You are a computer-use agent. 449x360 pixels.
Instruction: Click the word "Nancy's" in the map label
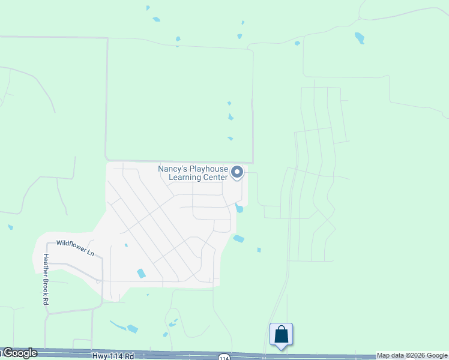coord(170,169)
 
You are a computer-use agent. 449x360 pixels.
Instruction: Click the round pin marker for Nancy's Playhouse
coord(237,173)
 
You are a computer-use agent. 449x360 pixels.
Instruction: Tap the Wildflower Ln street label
coord(76,248)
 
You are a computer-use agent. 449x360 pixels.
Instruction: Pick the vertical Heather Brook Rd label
coord(45,279)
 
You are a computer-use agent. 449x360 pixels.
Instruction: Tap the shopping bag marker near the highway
coord(281,334)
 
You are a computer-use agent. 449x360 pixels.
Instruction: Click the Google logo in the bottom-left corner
coord(19,353)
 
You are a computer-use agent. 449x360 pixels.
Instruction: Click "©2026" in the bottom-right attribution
coord(418,356)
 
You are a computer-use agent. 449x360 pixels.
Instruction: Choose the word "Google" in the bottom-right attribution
coord(438,356)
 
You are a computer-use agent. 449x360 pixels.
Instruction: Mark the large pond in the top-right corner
coord(360,38)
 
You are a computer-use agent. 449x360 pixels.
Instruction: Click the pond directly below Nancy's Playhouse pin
coord(240,208)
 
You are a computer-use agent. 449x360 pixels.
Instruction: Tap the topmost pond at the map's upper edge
coord(148,8)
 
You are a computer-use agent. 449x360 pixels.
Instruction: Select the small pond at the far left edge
coord(10,227)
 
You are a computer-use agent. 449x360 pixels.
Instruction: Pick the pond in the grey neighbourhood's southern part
coord(142,274)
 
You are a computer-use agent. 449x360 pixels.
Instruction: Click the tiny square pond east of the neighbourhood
coord(259,250)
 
